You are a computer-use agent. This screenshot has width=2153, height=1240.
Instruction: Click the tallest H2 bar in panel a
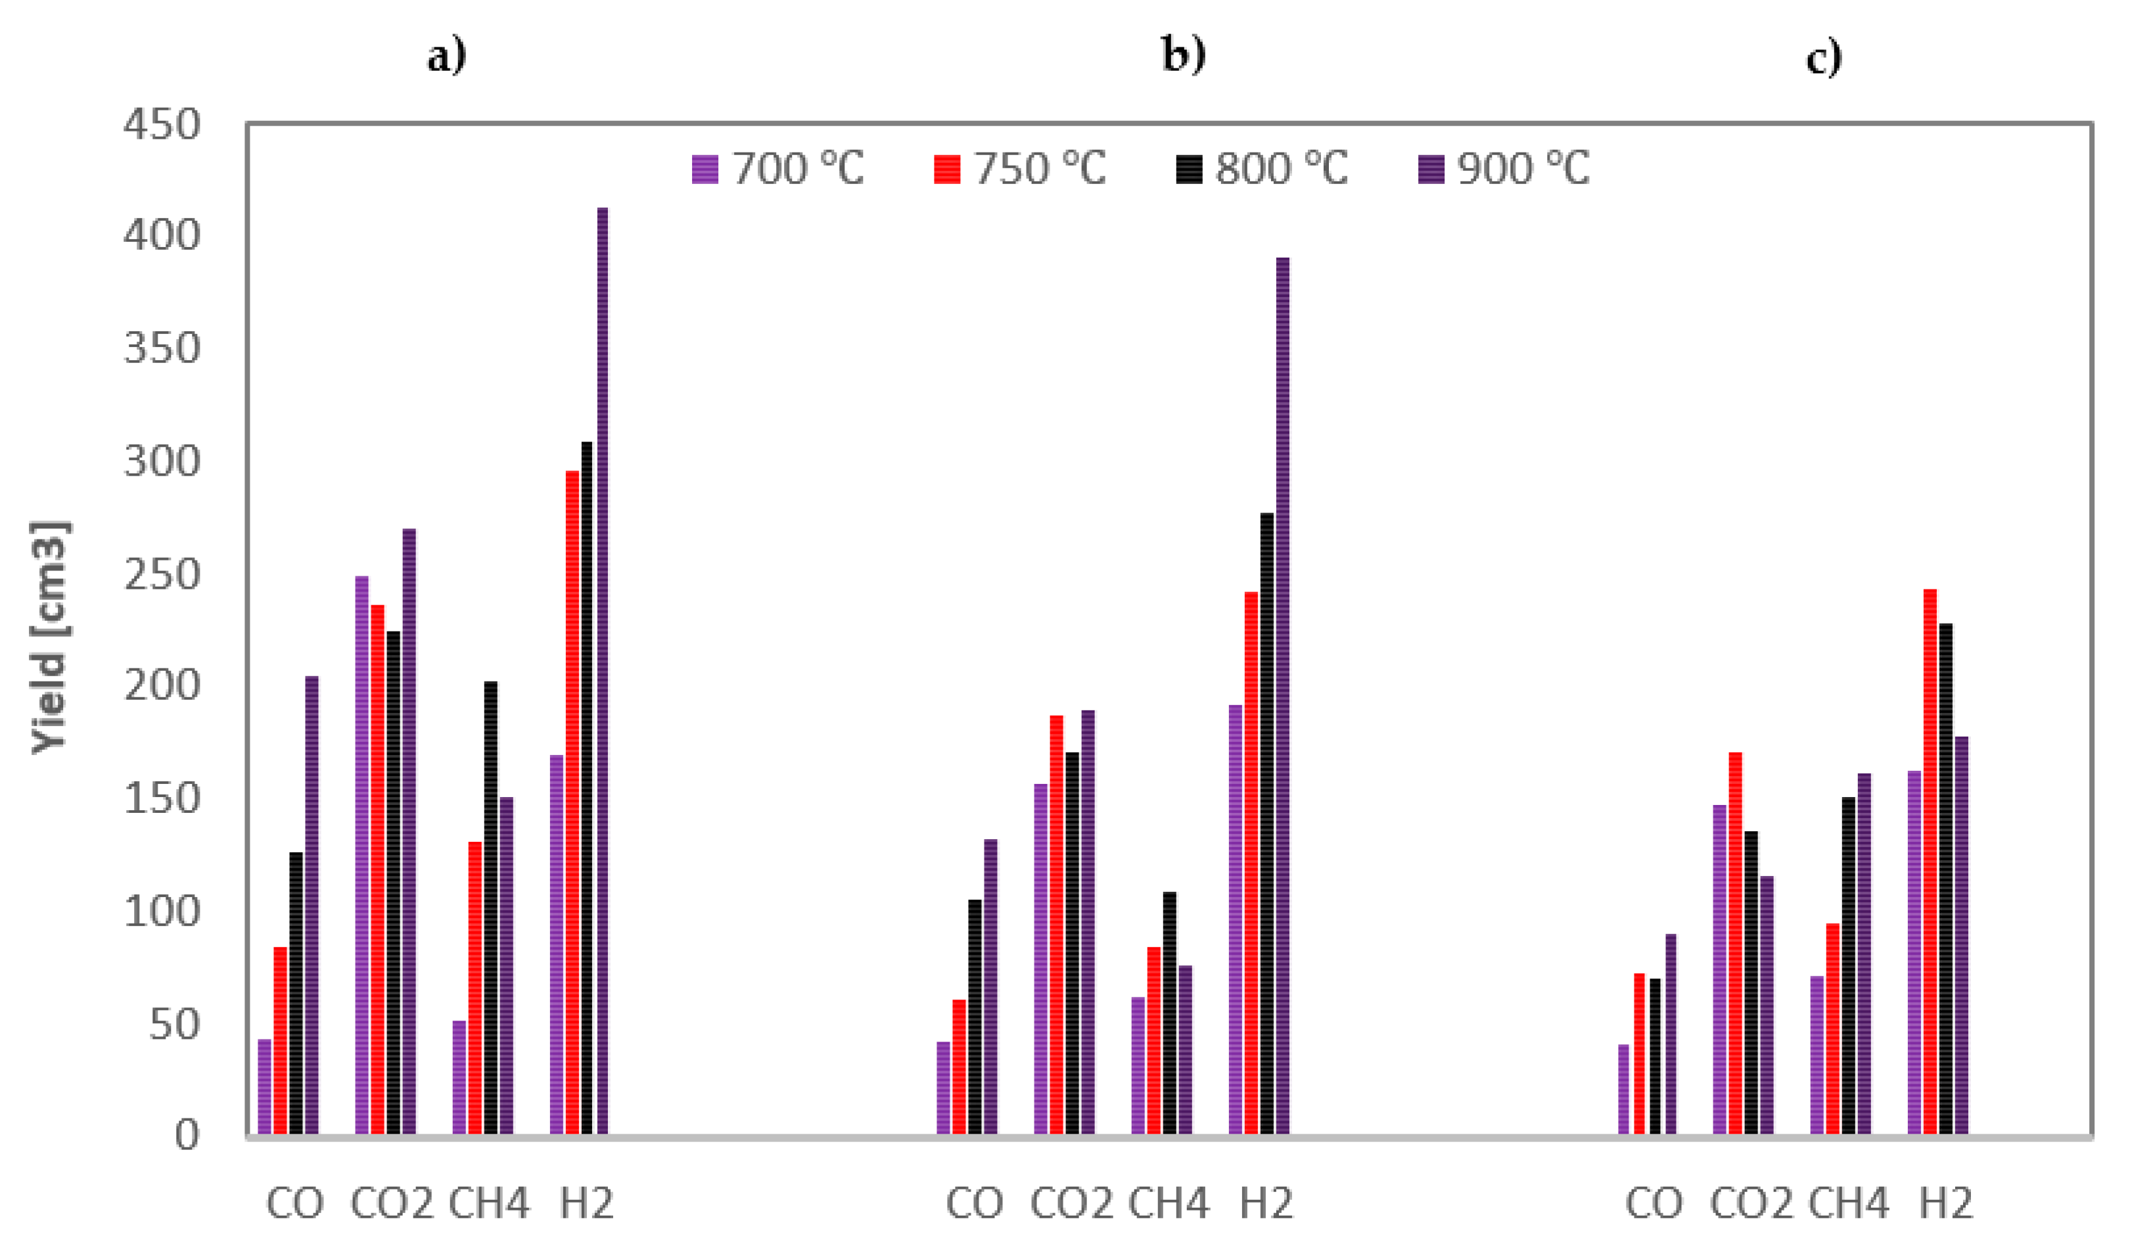pos(602,673)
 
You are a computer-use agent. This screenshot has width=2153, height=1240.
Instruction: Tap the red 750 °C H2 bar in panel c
pos(1930,860)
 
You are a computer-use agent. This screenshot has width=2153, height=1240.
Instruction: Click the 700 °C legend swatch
pos(705,170)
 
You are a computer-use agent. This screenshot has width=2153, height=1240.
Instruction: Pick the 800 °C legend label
pos(1281,169)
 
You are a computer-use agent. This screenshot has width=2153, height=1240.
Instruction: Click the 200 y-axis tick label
pos(162,685)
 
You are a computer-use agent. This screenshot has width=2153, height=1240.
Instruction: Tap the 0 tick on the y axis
pos(187,1136)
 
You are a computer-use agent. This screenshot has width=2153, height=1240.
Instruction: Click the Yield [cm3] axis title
pos(49,637)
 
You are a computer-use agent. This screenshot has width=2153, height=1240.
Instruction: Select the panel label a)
pos(447,57)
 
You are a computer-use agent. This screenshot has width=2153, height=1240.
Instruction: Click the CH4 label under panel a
pos(489,1203)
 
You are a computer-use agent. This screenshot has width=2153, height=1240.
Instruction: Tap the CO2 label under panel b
pos(1071,1203)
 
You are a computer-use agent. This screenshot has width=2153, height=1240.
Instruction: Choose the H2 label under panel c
pos(1946,1203)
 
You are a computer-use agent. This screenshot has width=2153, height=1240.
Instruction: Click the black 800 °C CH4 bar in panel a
pos(490,907)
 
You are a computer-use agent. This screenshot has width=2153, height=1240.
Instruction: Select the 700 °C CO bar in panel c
pos(1623,1090)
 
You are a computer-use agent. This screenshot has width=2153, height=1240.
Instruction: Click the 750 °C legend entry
pos(1020,169)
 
